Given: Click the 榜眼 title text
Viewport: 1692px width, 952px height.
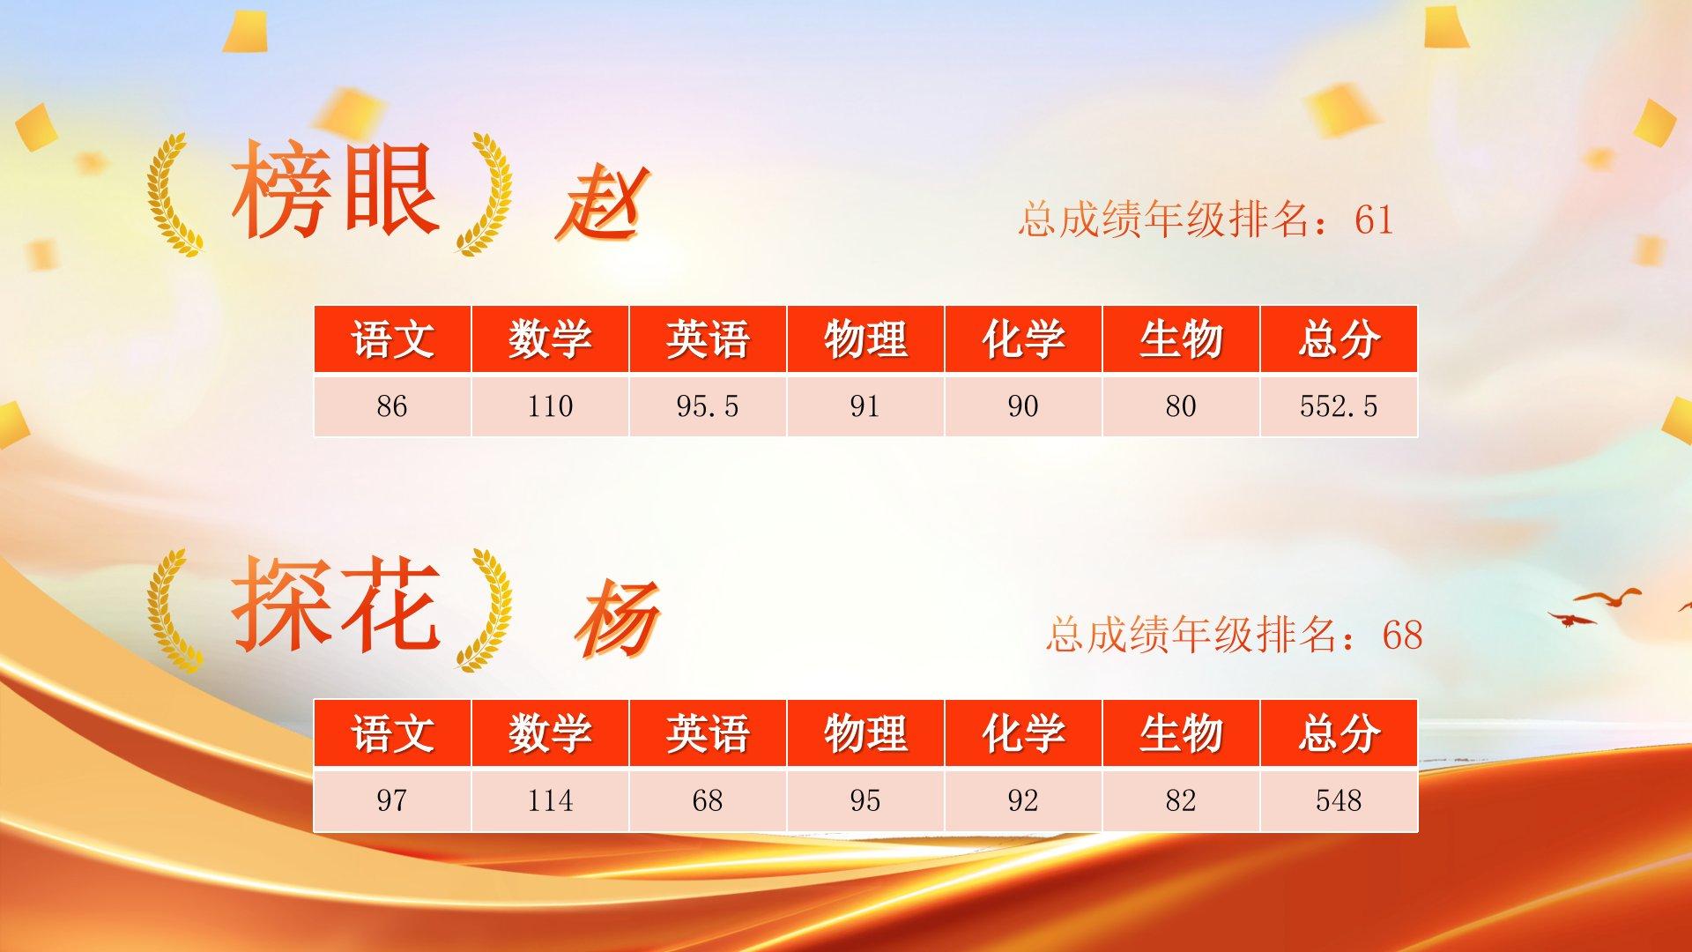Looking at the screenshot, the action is (335, 190).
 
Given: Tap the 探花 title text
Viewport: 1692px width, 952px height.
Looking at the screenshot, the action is (335, 605).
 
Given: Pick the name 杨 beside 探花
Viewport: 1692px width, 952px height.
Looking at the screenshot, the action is (617, 619).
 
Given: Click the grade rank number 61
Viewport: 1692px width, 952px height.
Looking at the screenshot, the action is (1374, 219).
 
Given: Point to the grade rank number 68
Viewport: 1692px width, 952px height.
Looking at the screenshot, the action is (1402, 635).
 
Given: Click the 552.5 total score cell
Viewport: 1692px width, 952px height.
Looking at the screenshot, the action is (1339, 405).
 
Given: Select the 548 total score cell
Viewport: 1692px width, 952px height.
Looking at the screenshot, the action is (1339, 800).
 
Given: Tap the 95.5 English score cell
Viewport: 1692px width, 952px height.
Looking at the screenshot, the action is (708, 405).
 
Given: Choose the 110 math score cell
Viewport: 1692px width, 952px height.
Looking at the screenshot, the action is (550, 405).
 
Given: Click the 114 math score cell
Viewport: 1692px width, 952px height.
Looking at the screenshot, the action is (550, 800).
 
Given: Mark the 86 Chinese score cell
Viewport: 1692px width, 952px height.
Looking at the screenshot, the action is (392, 405).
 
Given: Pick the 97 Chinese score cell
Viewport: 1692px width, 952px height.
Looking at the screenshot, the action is (392, 800).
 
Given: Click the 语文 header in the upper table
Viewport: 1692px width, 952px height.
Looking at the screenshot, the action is (392, 339).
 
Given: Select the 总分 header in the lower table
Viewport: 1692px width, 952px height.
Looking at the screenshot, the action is (1339, 733).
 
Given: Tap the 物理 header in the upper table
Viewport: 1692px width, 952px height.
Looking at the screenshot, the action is (865, 339).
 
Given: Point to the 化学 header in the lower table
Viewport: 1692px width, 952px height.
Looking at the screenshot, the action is (1023, 733).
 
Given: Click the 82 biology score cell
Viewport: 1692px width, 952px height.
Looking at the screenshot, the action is (1181, 800).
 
